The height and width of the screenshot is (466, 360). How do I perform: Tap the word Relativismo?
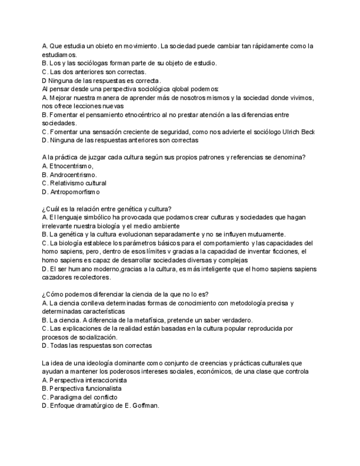point(70,183)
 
